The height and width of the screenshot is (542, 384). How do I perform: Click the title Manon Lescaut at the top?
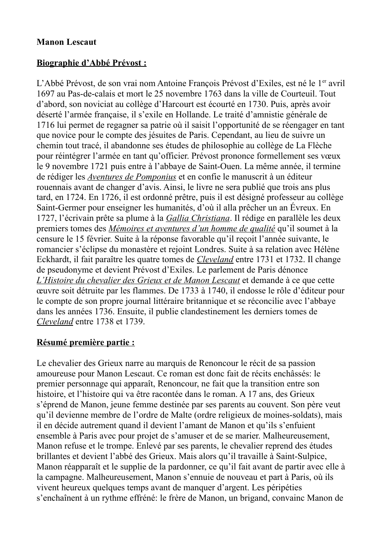coord(66,42)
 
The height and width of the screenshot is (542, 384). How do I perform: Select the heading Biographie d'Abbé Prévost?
coord(91,63)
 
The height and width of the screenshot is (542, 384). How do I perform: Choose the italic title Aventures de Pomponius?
coord(132,177)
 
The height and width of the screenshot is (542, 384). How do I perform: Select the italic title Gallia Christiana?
coord(198,218)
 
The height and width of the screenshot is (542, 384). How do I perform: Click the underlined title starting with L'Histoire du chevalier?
coord(138,281)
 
